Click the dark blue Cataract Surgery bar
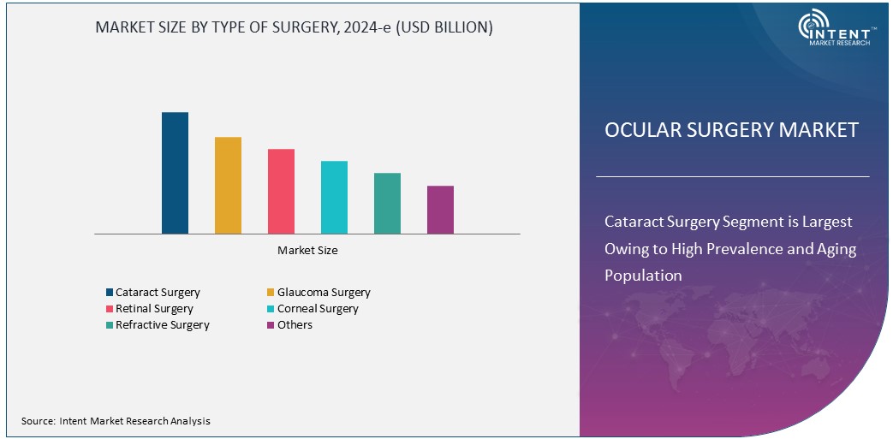[175, 173]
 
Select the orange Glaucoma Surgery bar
[228, 185]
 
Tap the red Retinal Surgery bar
[281, 191]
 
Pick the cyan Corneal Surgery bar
[334, 197]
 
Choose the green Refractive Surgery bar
[387, 203]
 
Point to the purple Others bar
[440, 210]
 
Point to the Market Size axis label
[307, 251]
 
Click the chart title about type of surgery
[294, 27]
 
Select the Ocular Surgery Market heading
[731, 130]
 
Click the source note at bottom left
[116, 421]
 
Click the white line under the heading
[732, 176]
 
